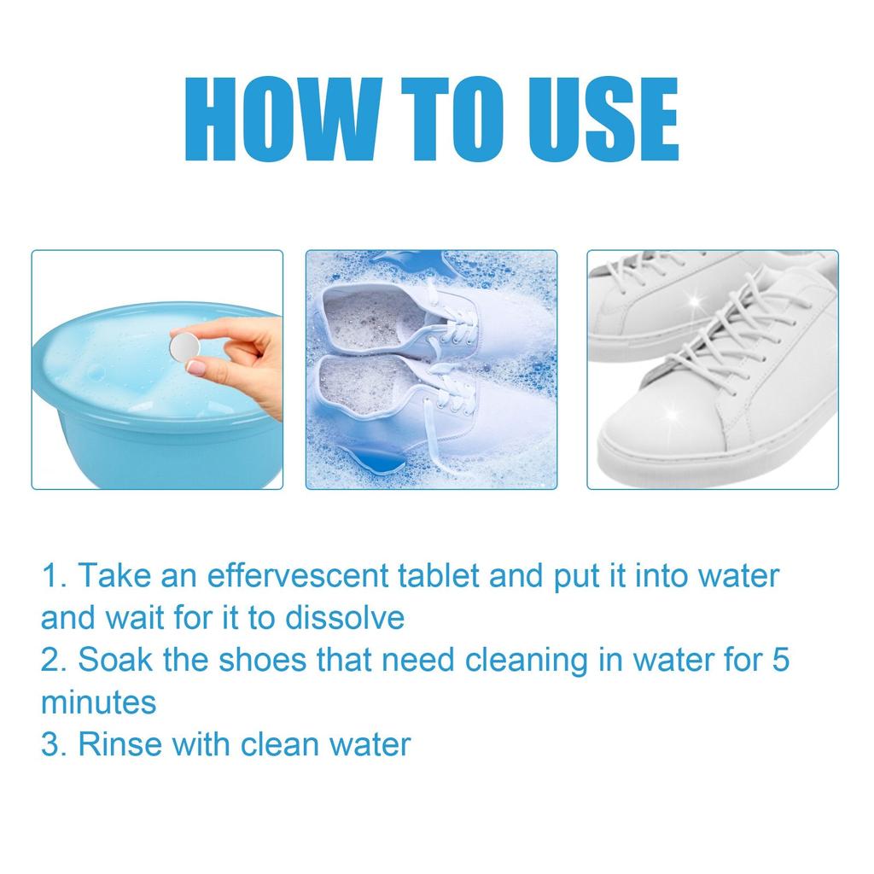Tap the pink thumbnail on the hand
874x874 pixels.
point(197,368)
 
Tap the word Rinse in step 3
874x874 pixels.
point(119,743)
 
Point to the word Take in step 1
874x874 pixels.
point(112,575)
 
